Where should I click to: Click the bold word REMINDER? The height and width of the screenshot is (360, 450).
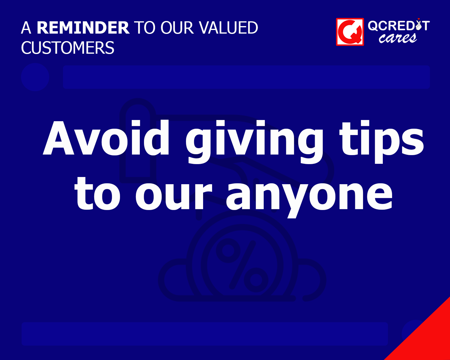(83, 28)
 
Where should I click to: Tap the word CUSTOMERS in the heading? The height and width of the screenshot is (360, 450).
(68, 48)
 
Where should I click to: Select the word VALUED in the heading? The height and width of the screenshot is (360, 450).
(229, 28)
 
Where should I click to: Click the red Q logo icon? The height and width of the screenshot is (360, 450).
(350, 32)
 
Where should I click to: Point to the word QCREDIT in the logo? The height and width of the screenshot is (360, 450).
(398, 26)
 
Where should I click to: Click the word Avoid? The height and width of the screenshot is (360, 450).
(107, 138)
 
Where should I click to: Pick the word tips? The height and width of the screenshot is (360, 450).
(382, 140)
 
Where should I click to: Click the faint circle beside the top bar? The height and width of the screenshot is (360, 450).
(35, 77)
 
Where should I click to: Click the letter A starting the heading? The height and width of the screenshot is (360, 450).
(26, 28)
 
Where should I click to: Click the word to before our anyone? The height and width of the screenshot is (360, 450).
(98, 193)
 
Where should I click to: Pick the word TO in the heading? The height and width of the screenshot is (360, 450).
(145, 28)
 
